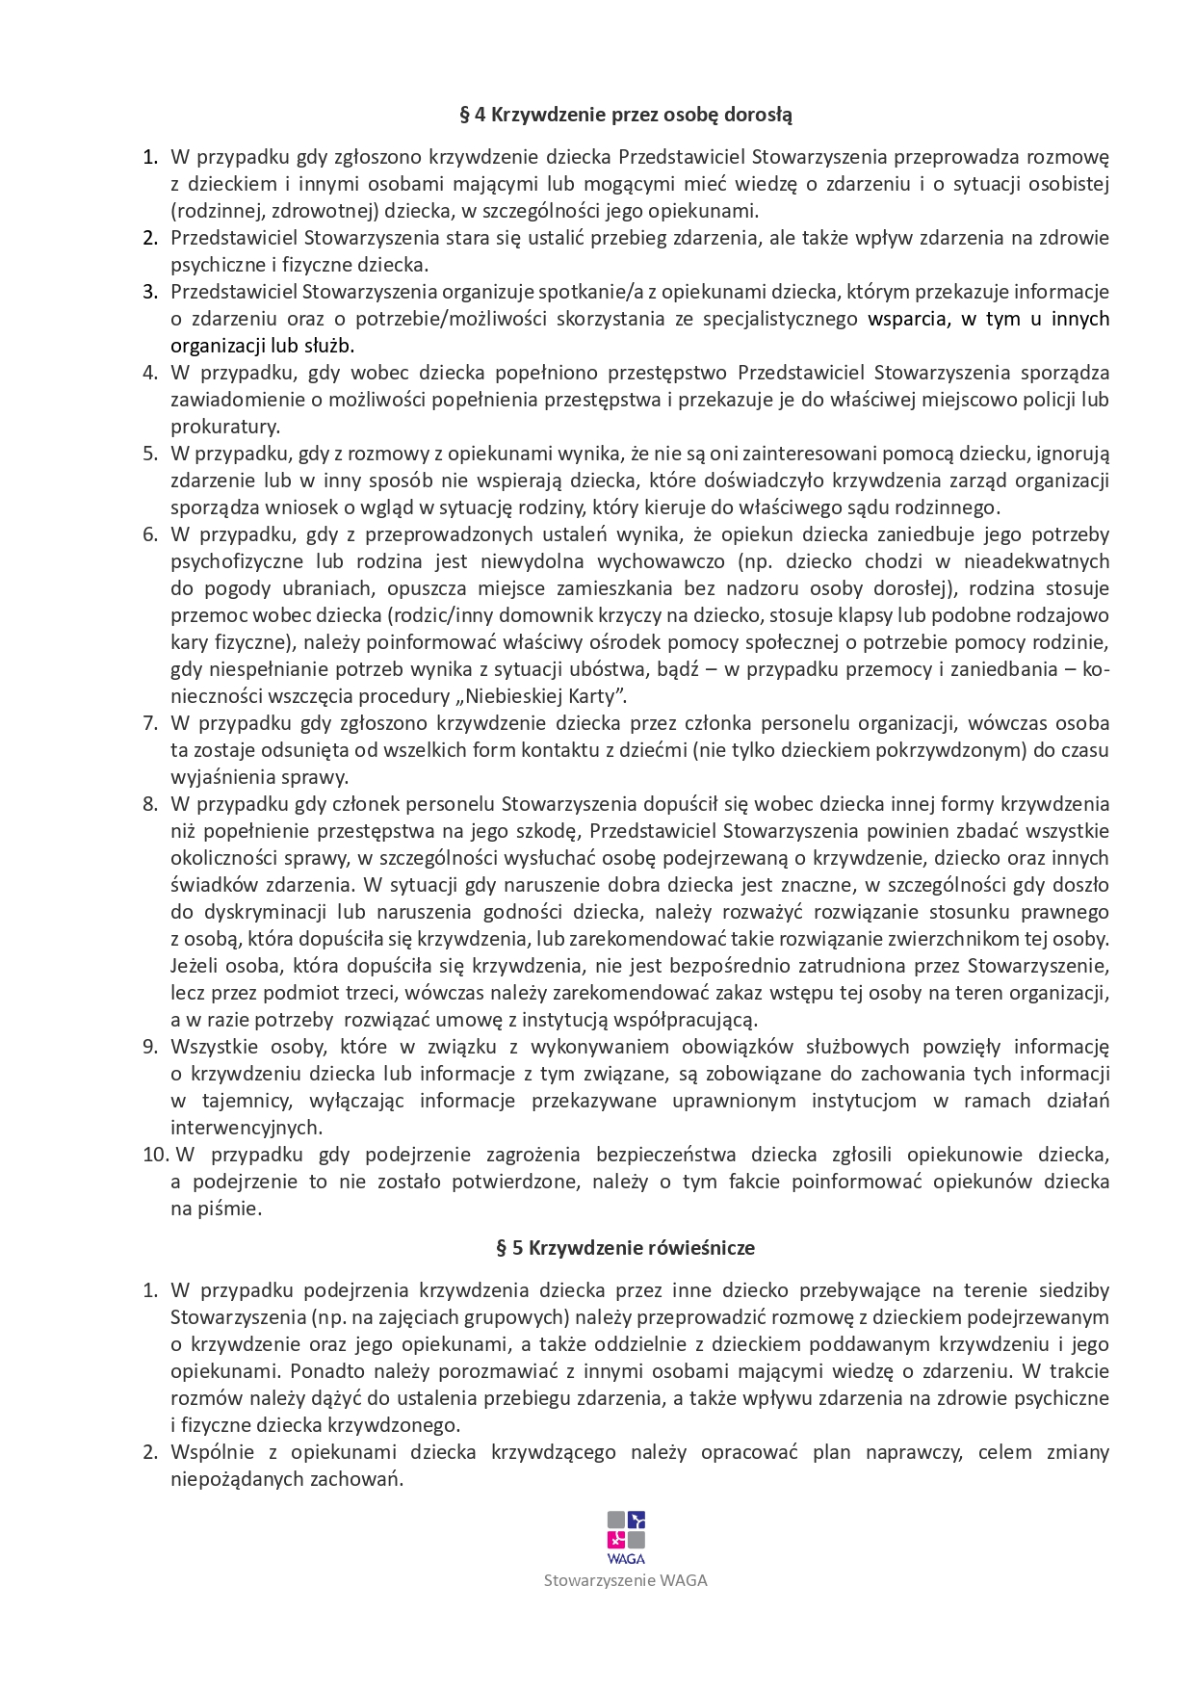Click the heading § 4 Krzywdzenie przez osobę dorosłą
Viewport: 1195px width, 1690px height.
pos(626,116)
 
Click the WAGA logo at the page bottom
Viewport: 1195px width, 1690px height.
pos(626,1538)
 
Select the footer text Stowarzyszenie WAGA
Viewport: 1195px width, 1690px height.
pos(626,1580)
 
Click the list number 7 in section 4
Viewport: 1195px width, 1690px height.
pos(150,723)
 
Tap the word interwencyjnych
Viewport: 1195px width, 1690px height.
pos(246,1128)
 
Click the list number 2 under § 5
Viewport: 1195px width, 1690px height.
pos(150,1452)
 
